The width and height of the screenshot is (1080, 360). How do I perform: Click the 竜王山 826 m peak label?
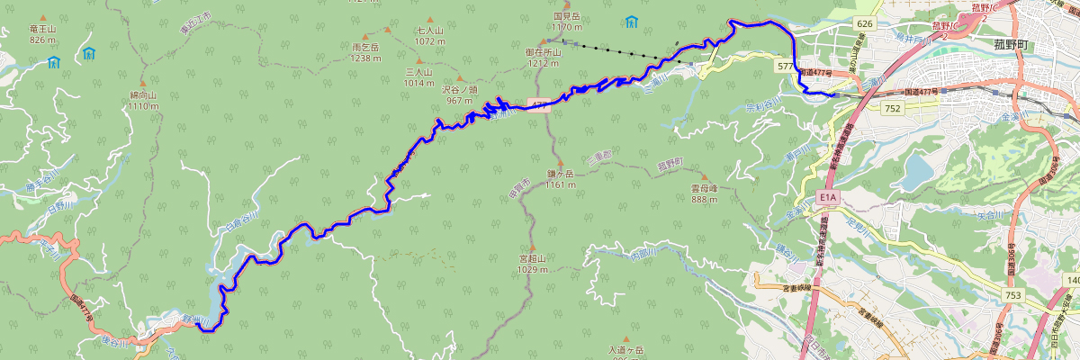(42, 34)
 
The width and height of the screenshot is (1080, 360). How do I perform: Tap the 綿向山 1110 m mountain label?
(143, 100)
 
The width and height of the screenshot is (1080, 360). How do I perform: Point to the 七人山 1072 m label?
(430, 35)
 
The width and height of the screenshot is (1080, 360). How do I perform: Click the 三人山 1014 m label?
(419, 76)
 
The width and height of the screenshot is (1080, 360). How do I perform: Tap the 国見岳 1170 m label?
(568, 22)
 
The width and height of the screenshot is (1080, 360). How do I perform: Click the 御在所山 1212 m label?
(544, 58)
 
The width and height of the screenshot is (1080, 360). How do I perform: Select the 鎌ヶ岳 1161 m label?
(560, 179)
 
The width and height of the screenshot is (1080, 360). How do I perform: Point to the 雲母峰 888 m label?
(704, 193)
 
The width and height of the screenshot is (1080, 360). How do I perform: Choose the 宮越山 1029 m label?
(533, 264)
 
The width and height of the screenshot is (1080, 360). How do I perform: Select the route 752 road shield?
(892, 108)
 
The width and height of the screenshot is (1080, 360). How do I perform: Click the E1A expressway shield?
(829, 197)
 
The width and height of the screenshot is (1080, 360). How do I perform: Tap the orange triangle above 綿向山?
(143, 82)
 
